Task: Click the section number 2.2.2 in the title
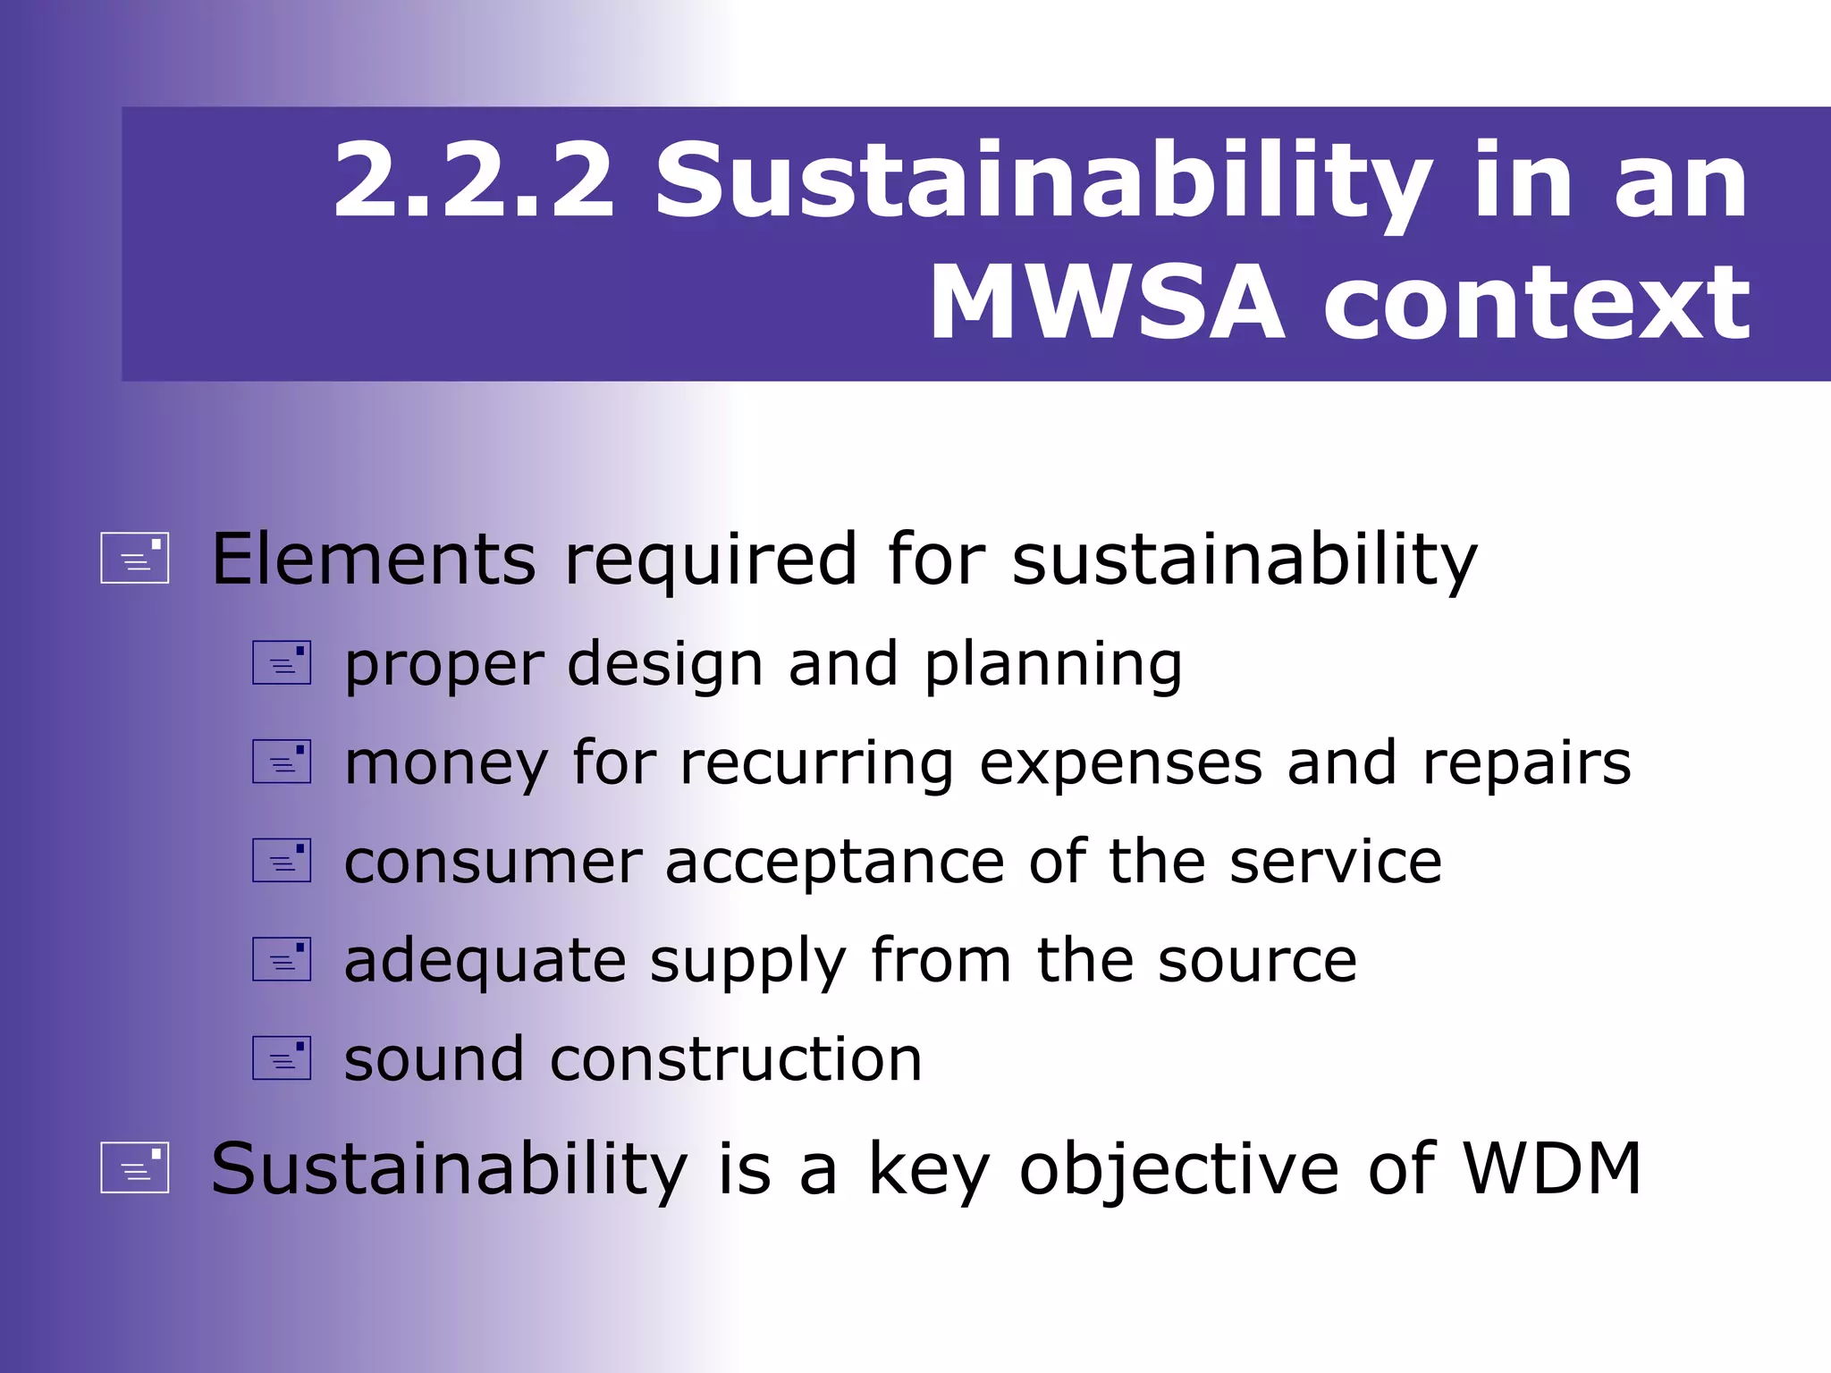474,181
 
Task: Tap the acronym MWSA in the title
1107,304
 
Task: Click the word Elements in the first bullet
374,560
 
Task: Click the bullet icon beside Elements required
135,558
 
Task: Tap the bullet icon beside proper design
282,662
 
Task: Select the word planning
1052,667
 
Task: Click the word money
445,765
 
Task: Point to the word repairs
1526,765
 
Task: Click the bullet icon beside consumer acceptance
282,860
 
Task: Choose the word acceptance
835,863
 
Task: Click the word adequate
485,963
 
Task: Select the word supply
747,963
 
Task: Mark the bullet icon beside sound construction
282,1057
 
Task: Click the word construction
736,1060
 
